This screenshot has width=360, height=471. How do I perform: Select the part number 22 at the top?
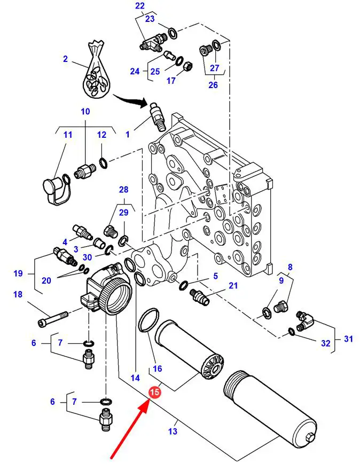140,6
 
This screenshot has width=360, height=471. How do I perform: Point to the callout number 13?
173,431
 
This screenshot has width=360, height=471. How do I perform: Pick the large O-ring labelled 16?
148,320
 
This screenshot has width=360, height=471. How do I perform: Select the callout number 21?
233,285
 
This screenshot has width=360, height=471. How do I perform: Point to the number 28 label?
123,190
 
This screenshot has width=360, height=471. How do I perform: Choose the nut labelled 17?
187,65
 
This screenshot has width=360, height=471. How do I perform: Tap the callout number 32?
325,343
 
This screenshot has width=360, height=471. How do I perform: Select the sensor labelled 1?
157,116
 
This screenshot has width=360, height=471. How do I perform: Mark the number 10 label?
85,112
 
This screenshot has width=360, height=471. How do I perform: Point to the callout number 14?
136,378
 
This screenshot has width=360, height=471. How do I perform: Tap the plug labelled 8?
281,307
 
